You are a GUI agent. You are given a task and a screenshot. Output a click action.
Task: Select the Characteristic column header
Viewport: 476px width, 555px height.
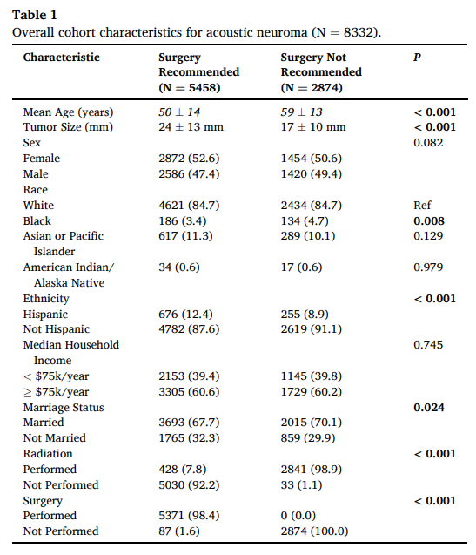[61, 58]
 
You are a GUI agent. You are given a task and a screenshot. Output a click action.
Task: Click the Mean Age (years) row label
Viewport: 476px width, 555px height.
[68, 112]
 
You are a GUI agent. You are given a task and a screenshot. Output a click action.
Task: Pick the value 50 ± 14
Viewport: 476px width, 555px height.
[178, 112]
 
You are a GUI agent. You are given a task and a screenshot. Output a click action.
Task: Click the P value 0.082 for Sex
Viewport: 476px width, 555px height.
[428, 143]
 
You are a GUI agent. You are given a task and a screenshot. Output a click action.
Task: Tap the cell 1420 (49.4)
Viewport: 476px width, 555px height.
[311, 174]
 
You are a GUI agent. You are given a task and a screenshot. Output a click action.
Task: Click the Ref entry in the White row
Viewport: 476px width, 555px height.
[422, 206]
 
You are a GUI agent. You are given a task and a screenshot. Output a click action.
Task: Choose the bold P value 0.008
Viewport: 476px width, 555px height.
[428, 221]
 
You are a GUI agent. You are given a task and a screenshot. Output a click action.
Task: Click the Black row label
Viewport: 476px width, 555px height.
[37, 221]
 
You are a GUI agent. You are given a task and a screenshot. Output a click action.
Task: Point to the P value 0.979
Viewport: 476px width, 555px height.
[428, 267]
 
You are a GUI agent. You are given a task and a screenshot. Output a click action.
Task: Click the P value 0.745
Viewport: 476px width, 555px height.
[428, 345]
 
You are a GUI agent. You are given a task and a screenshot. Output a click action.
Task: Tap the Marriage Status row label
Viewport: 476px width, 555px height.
[64, 408]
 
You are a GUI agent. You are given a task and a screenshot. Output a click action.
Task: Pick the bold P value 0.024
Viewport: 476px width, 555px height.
[428, 408]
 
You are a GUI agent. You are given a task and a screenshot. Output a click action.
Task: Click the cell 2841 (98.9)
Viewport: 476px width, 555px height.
[311, 470]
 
